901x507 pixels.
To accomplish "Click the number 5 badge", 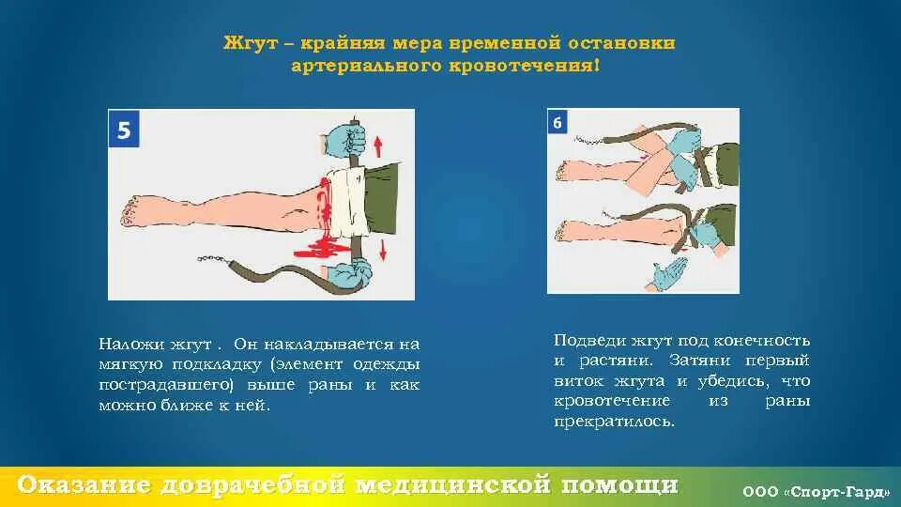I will click(125, 130).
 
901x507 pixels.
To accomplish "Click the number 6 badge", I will click(558, 122).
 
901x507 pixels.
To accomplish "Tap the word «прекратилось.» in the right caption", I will click(614, 422).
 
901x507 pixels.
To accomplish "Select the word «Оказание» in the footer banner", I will click(84, 484).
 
